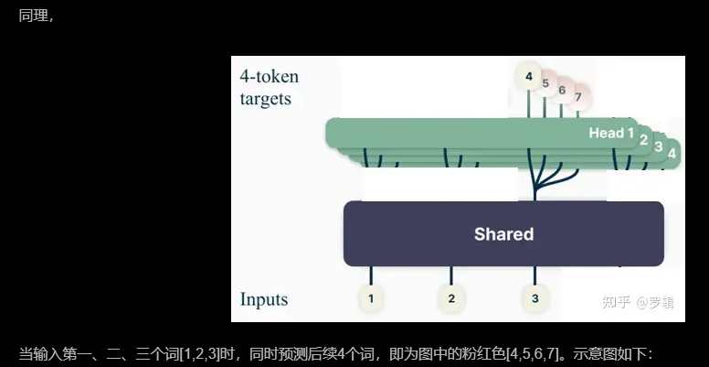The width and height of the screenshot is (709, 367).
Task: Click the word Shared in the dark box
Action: [503, 234]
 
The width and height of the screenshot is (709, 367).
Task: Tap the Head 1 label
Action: [611, 134]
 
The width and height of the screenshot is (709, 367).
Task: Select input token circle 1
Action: [370, 298]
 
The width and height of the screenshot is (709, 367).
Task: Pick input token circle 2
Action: [451, 298]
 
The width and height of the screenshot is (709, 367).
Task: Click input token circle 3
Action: [535, 298]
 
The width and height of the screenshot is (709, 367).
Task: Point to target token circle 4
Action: [528, 76]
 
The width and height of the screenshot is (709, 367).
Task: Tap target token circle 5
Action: [545, 84]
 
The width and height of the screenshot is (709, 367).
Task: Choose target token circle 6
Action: [562, 91]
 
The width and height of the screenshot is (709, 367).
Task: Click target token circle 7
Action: [577, 96]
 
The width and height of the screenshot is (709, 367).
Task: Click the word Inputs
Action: [264, 299]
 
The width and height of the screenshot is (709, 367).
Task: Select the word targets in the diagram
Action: [266, 98]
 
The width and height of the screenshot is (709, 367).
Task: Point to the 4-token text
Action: [270, 76]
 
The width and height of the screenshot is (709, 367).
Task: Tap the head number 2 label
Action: [643, 140]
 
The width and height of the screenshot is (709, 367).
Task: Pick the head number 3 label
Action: [658, 146]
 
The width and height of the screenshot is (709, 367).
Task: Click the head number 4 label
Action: [672, 153]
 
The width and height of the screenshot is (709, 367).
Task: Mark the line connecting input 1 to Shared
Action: [370, 275]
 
